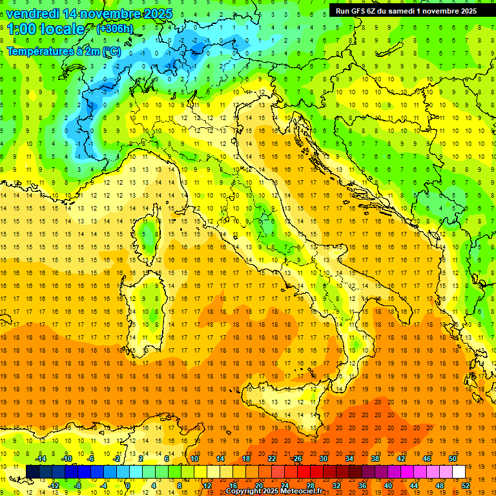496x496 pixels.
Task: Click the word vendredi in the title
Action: (x=33, y=13)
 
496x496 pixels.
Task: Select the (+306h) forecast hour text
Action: (x=116, y=29)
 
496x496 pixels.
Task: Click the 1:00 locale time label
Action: (x=46, y=29)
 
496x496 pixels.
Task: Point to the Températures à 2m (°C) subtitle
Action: (x=63, y=51)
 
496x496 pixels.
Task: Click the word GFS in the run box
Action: (x=358, y=10)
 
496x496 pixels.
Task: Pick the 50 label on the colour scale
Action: (x=453, y=459)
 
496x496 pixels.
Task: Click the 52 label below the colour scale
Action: (x=464, y=485)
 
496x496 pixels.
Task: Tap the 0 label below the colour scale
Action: (x=129, y=485)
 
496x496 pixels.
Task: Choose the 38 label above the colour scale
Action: (x=375, y=459)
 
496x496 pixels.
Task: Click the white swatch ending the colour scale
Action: (x=459, y=471)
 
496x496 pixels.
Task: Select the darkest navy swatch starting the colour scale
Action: (x=32, y=471)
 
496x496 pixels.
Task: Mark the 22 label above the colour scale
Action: (x=272, y=459)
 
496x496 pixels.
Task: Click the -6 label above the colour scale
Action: (x=91, y=459)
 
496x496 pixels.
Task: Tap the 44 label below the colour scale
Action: (x=413, y=485)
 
